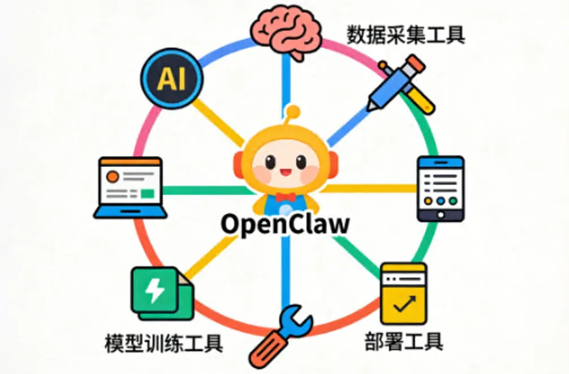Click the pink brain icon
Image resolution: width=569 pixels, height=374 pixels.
click(287, 32)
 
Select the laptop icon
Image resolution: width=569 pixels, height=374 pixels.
click(130, 188)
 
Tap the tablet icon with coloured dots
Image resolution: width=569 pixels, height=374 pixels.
click(440, 189)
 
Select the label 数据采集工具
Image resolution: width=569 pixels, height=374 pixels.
click(406, 36)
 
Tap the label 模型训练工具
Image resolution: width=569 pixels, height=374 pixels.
click(163, 343)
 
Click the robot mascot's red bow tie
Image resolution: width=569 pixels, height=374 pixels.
click(286, 197)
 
